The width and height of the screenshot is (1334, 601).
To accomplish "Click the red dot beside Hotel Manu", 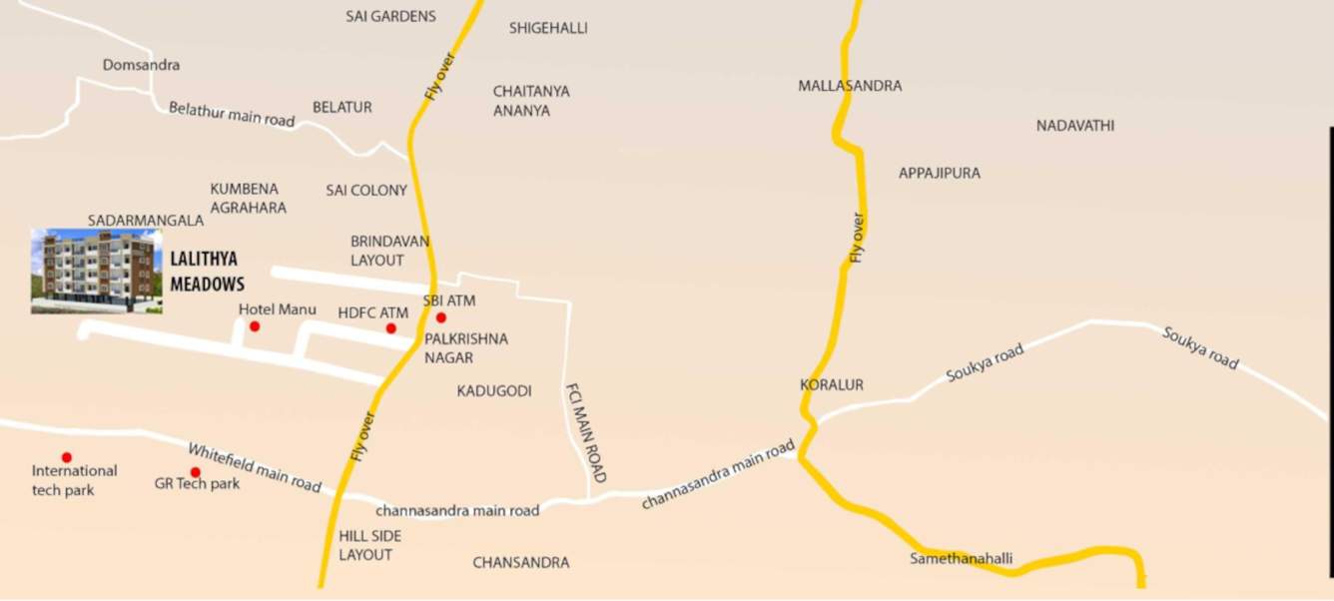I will pos(255,326).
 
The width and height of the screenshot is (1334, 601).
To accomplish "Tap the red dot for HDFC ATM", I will pos(390,328).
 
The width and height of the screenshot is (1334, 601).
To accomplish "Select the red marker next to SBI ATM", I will pos(441,317).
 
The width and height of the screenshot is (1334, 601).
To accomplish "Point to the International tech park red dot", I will pos(67,457).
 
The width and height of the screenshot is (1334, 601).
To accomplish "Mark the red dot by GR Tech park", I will pos(196,472).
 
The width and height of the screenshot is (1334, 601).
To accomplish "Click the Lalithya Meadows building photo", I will pos(96,272).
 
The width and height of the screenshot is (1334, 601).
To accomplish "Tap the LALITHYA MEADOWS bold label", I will pos(207,271).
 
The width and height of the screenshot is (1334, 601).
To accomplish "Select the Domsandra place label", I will pos(141,65).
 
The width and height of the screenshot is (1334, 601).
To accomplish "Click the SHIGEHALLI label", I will pos(548,28).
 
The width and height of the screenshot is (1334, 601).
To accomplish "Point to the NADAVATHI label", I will pos(1074,126).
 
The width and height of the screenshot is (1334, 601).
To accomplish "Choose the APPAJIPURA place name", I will pos(939,173).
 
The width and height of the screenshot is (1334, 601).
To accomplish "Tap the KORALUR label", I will pos(832,384).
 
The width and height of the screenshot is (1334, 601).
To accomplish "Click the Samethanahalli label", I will pos(961,559).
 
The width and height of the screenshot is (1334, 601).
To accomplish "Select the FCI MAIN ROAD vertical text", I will pos(585,433).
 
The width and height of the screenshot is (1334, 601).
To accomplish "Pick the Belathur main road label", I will pos(232,114).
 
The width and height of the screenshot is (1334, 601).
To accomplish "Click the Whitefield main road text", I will pos(255,467).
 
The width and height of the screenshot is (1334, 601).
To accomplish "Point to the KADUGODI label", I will pos(494,390).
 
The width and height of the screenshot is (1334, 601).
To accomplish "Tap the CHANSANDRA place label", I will pos(520,563).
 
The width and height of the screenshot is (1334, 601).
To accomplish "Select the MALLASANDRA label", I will pos(850,86).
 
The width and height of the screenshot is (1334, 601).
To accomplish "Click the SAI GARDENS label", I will pos(390,16).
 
